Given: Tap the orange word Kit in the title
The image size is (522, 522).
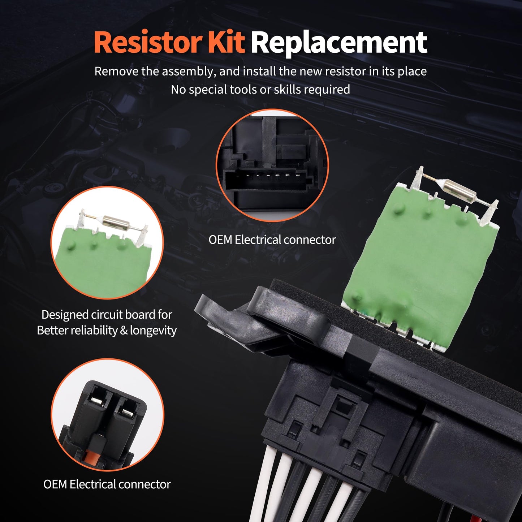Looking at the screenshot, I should (x=226, y=43).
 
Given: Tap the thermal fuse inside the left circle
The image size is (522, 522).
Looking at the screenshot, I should (x=115, y=220).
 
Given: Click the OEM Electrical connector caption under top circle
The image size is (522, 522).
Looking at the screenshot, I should (x=272, y=240).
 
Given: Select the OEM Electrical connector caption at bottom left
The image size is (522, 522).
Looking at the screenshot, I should (x=107, y=484).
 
